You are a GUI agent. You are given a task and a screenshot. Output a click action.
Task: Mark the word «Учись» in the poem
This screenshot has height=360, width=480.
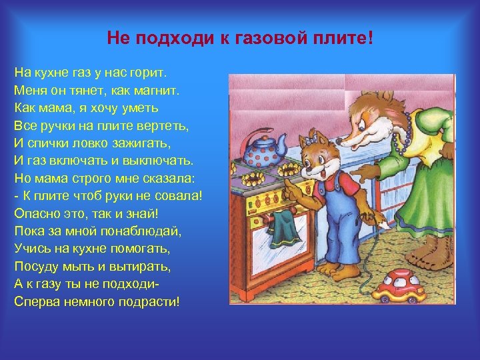tap(30, 248)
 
